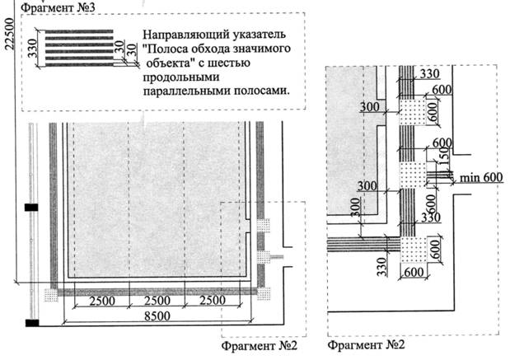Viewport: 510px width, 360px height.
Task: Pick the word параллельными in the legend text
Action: [x=180, y=91]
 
